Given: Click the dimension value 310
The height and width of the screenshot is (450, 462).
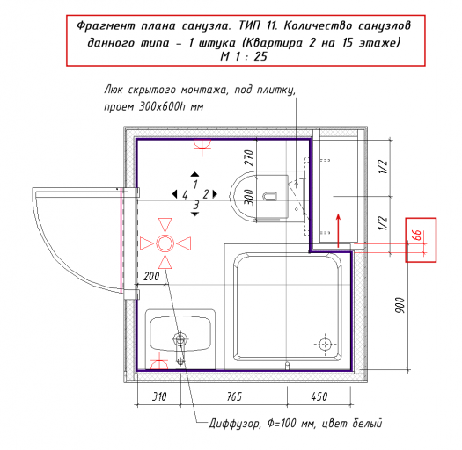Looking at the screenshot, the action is click(x=159, y=396).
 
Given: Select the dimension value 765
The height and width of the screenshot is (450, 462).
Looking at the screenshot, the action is click(x=234, y=396).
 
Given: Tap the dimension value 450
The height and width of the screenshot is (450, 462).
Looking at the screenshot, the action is click(x=319, y=396).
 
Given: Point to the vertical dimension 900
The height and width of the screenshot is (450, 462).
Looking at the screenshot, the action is click(x=400, y=305).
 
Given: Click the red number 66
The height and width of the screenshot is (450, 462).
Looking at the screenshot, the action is click(x=417, y=236).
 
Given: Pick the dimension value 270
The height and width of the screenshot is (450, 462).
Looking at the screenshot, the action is click(x=249, y=157).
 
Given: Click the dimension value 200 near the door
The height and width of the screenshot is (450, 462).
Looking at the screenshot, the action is click(x=151, y=276).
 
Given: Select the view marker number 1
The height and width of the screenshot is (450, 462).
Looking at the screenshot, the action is click(x=195, y=185).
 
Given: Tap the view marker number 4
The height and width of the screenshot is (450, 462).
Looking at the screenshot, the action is click(x=185, y=194).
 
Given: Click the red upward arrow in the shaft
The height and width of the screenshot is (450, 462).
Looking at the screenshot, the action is click(x=338, y=230).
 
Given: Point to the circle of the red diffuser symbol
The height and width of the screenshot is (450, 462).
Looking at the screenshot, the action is click(x=165, y=243).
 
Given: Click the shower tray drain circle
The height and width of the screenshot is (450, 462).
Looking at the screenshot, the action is click(x=325, y=344).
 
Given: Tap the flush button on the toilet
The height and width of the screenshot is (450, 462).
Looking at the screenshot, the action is click(x=270, y=197).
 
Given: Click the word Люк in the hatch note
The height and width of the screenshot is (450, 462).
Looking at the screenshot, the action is click(x=114, y=90).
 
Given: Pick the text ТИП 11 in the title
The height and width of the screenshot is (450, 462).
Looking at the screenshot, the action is click(x=258, y=25).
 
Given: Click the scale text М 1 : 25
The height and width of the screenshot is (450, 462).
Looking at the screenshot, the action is click(x=244, y=56).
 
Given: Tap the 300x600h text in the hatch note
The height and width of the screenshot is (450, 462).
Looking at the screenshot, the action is click(x=162, y=106).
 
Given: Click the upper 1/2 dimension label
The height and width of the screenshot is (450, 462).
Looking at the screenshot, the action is click(x=383, y=167).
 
